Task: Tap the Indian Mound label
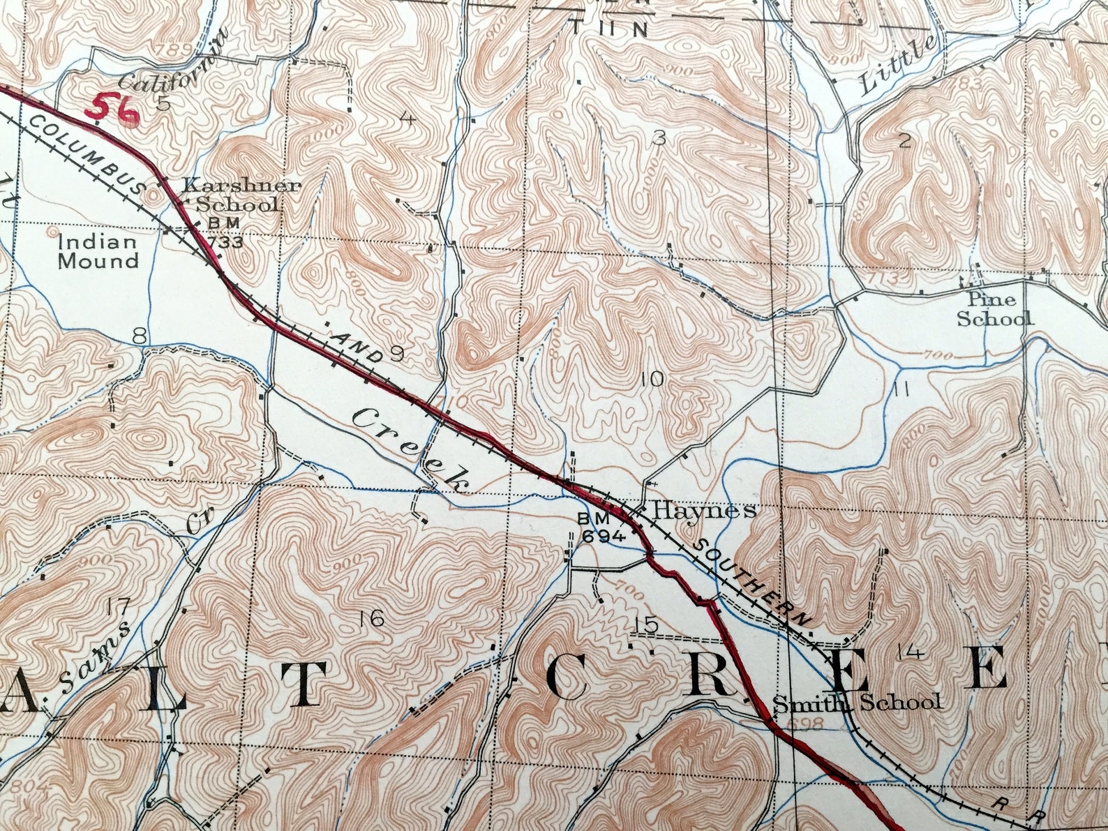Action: click(98, 252)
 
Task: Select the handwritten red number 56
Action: click(112, 110)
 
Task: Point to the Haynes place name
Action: click(703, 510)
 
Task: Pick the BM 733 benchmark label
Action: click(224, 233)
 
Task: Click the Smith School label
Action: click(858, 702)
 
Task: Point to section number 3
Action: click(658, 140)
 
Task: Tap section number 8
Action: click(140, 337)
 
